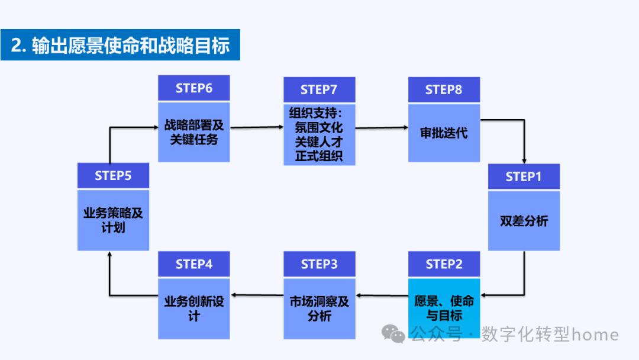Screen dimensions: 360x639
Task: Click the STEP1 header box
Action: (524, 176)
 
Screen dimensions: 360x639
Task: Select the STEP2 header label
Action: (444, 264)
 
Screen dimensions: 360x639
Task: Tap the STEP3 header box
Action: (319, 264)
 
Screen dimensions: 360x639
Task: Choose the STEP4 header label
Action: (193, 264)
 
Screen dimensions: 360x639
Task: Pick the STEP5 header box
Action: (113, 176)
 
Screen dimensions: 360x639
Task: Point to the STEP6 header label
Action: (193, 88)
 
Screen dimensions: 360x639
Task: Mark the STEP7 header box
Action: (319, 89)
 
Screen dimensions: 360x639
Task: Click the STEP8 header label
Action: (444, 89)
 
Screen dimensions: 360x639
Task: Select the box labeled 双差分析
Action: (524, 221)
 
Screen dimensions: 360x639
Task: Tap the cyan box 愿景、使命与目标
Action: (444, 308)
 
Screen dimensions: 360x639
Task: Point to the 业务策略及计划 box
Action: (113, 220)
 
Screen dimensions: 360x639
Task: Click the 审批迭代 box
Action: (444, 133)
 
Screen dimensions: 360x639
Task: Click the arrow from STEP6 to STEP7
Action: (257, 127)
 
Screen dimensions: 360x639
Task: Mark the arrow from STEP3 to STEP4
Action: (257, 294)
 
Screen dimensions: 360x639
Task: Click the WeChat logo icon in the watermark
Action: (393, 335)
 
